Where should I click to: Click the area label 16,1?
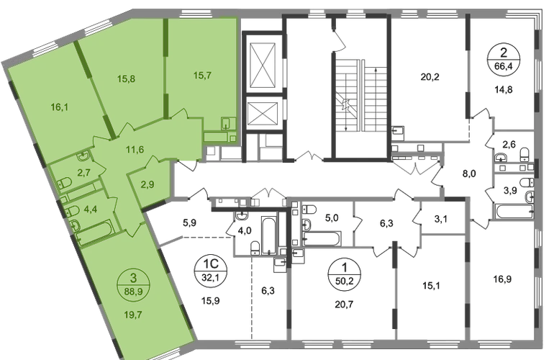point(59,107)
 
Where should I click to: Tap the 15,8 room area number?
point(126,79)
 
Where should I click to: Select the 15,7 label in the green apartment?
point(203,76)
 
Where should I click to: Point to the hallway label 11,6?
point(135,150)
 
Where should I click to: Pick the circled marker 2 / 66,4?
point(504,60)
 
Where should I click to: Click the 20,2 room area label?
point(430,77)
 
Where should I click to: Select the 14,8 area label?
point(503,90)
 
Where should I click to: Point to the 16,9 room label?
point(502,279)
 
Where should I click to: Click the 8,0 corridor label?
point(469,174)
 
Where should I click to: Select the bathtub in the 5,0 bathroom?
point(322,238)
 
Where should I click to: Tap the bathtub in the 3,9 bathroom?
point(514,212)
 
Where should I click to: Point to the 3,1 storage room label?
point(441,220)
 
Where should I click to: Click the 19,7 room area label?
point(133,315)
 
